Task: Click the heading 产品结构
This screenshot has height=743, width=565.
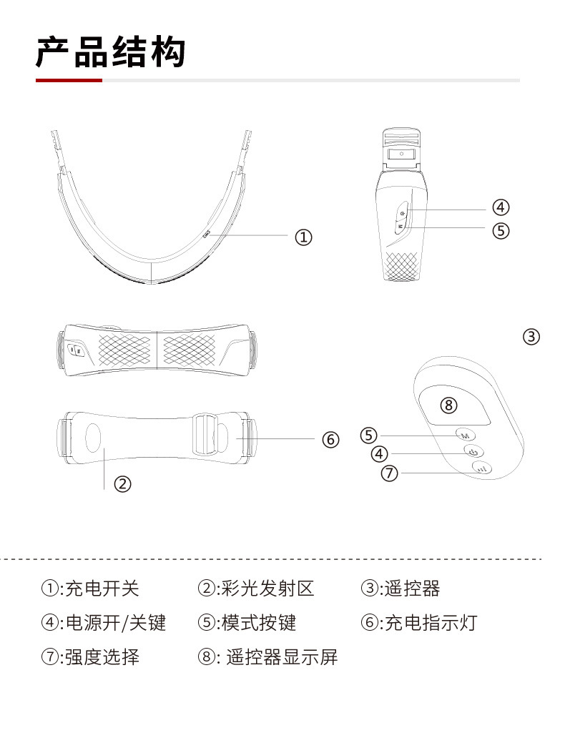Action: point(111,53)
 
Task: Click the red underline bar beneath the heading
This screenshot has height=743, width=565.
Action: point(69,81)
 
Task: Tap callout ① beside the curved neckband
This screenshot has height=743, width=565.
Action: point(304,237)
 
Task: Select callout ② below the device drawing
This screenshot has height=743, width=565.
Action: point(123,484)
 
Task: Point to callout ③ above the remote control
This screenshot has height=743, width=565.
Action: point(531,336)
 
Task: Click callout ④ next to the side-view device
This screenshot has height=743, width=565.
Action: point(501,208)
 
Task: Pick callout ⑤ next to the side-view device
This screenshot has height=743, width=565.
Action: point(501,230)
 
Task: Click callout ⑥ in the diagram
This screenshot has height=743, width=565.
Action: point(330,440)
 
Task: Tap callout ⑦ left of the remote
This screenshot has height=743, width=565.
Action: point(389,473)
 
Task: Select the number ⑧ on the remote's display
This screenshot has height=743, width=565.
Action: point(448,405)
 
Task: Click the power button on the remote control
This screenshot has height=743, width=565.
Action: point(473,451)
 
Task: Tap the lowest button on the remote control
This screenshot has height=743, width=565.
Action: point(481,469)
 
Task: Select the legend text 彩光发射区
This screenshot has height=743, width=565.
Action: point(267,589)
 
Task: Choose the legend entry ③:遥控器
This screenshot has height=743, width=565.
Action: point(401,589)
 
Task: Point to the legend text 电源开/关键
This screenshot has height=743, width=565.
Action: point(115,623)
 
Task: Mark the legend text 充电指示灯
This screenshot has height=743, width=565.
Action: point(430,623)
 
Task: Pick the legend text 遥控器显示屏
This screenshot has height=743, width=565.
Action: point(282,656)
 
